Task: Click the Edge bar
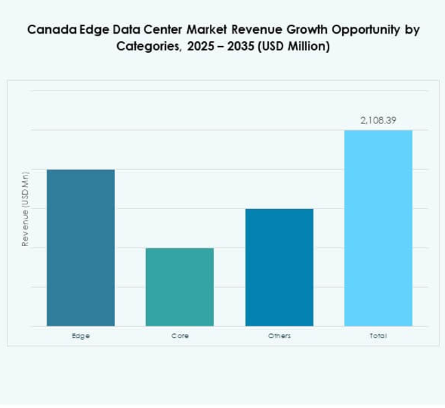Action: pyautogui.click(x=80, y=248)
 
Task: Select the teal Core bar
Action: pyautogui.click(x=180, y=287)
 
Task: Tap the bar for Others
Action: pyautogui.click(x=279, y=267)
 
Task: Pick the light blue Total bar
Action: pyautogui.click(x=378, y=228)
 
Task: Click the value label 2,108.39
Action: pyautogui.click(x=378, y=121)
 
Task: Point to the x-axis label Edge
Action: pyautogui.click(x=80, y=336)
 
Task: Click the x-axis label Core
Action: pyautogui.click(x=180, y=336)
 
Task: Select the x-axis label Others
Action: pyautogui.click(x=279, y=336)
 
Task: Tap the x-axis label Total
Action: pyautogui.click(x=378, y=336)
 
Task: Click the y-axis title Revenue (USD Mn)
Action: pyautogui.click(x=25, y=208)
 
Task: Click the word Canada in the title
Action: pyautogui.click(x=47, y=31)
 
